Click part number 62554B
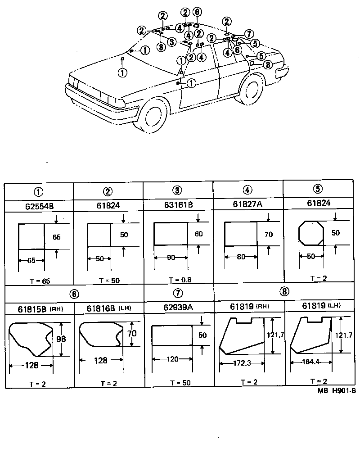(39, 206)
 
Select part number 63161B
(178, 205)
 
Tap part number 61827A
(248, 205)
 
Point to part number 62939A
(178, 308)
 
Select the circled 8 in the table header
(283, 291)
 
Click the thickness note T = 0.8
(179, 280)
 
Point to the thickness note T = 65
(40, 281)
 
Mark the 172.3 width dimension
(242, 362)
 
